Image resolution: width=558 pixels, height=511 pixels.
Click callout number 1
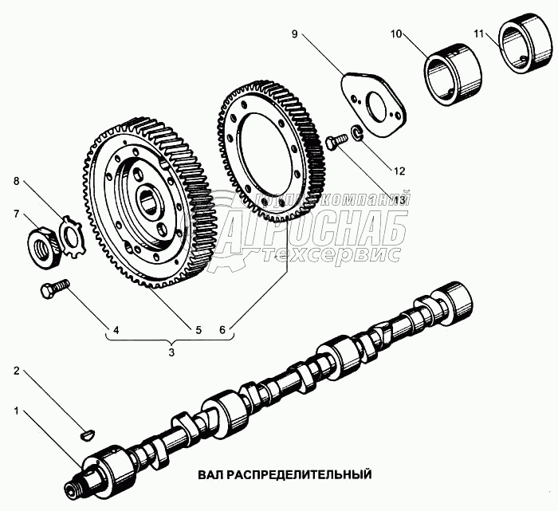click(16, 412)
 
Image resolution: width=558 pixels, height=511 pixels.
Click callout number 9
click(294, 34)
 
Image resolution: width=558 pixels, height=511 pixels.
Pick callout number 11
click(477, 34)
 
